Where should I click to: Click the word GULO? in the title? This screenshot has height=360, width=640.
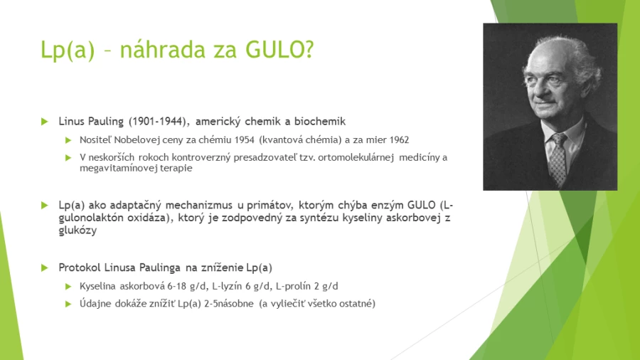[x=279, y=49]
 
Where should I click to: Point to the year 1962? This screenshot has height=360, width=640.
[x=399, y=139]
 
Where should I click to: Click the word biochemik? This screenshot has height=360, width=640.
[x=320, y=121]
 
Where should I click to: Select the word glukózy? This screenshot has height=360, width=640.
[x=78, y=231]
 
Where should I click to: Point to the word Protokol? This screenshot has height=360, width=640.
[x=79, y=268]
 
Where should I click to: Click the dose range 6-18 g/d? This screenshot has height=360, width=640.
[x=187, y=286]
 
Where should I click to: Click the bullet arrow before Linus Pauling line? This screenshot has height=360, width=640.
[x=45, y=122]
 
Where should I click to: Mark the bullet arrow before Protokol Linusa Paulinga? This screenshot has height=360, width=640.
[x=45, y=268]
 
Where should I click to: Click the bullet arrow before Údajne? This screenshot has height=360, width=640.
[x=68, y=304]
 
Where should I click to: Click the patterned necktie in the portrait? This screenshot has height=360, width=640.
[x=558, y=159]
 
